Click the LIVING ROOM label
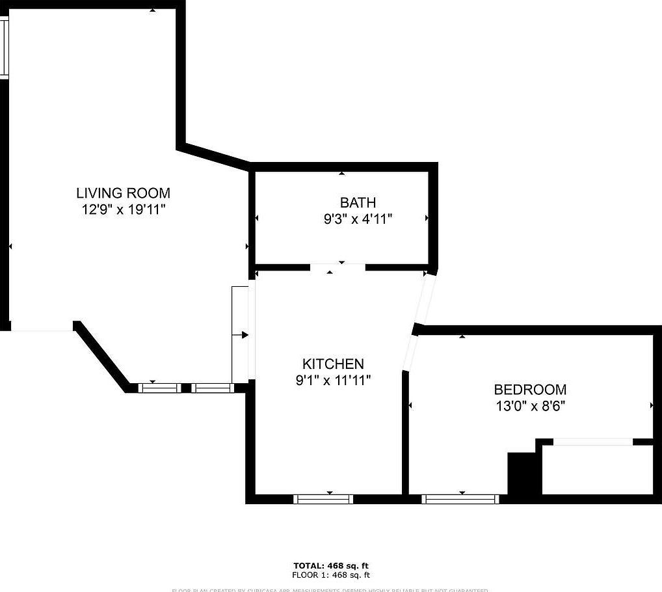[123, 193]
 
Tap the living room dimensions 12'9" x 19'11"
[123, 209]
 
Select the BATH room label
[358, 202]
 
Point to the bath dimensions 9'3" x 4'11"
[358, 219]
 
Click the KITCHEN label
[333, 364]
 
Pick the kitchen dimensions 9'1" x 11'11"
[333, 380]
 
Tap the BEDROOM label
[530, 390]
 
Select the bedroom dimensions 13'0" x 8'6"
[530, 406]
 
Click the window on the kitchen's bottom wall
[323, 499]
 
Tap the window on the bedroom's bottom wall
[460, 499]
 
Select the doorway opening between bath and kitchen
[338, 267]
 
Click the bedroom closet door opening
[592, 442]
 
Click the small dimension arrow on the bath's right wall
[427, 218]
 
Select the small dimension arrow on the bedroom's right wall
[652, 406]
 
